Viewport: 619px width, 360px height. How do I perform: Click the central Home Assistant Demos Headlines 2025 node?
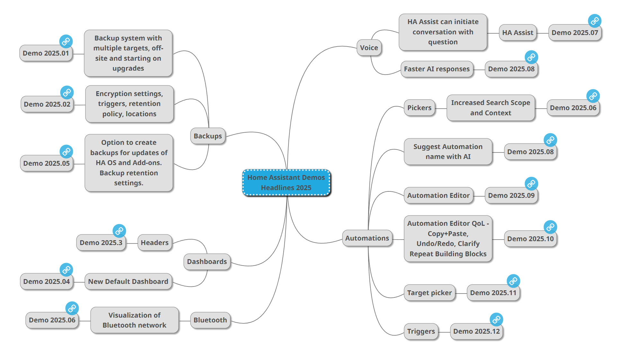286,182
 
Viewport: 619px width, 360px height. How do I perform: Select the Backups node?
208,136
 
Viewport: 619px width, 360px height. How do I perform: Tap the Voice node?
369,48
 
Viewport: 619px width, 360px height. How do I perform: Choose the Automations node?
367,238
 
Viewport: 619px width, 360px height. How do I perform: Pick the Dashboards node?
207,262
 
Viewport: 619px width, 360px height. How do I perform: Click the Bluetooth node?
210,320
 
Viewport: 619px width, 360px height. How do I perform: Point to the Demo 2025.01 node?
46,53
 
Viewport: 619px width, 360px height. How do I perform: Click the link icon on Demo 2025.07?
594,21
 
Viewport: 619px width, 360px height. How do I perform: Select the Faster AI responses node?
437,69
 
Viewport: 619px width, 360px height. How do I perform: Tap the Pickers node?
419,108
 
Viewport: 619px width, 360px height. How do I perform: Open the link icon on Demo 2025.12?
496,320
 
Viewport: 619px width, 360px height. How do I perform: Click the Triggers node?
421,331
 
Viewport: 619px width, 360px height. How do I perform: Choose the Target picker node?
429,293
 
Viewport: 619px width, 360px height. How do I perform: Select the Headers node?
155,243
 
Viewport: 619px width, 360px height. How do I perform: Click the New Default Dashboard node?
128,282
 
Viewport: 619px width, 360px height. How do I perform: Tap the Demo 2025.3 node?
101,243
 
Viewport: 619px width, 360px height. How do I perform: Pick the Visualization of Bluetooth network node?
134,320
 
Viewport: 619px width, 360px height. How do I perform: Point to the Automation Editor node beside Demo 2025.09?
438,196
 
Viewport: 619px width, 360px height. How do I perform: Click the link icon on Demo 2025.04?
66,270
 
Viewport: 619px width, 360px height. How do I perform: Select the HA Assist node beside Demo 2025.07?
517,33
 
